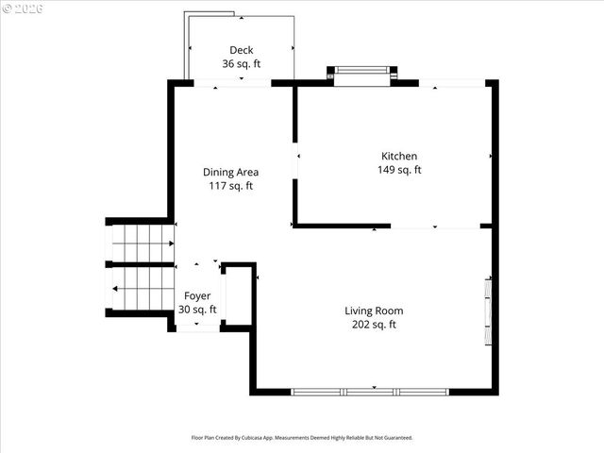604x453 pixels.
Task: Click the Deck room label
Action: coord(241,50)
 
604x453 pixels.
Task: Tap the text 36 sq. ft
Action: coord(241,64)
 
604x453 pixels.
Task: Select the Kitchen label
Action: coord(398,156)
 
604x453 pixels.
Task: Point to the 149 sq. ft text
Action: coord(398,170)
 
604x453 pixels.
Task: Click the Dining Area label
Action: coord(230,172)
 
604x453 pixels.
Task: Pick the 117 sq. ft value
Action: coord(230,186)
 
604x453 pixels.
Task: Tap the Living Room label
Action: coord(373,310)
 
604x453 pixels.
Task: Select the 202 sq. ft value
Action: coord(373,325)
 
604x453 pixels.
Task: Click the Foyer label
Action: coord(197,295)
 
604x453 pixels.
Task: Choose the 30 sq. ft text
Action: coord(197,310)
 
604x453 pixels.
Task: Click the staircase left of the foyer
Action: coord(140,267)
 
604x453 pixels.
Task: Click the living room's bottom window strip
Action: coord(372,391)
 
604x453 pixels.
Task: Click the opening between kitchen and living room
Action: coord(435,226)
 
